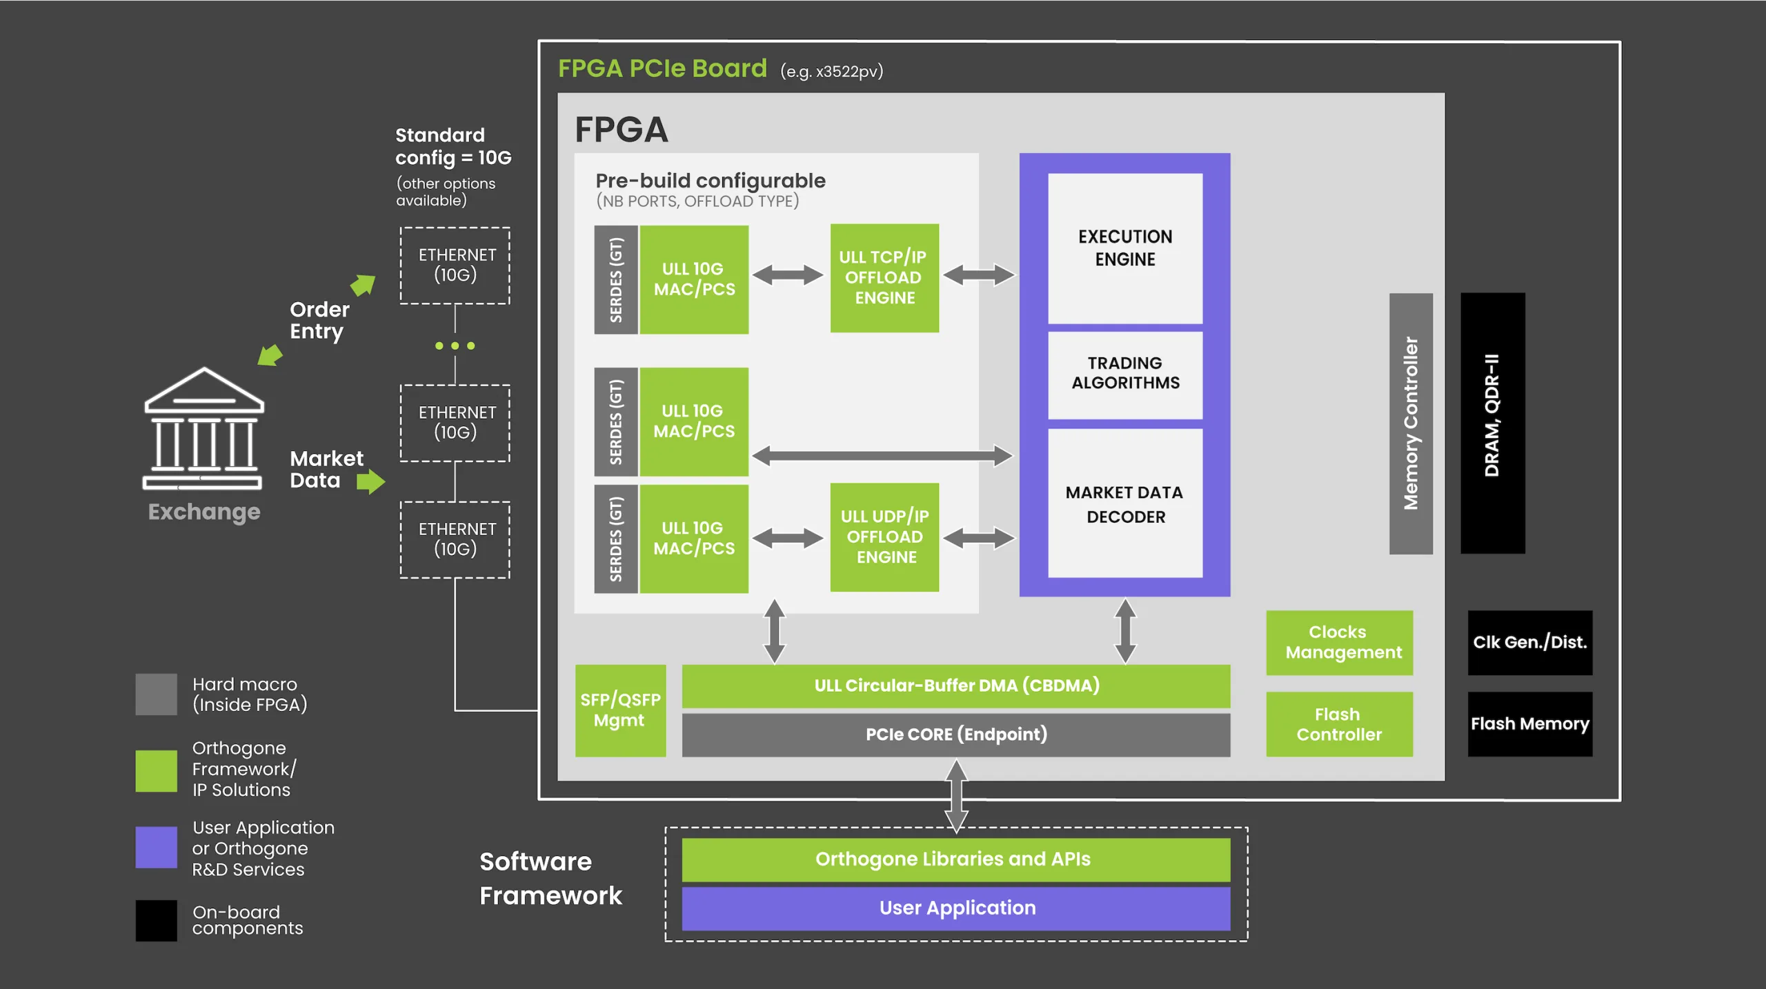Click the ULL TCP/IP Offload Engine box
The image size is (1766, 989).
[x=884, y=278]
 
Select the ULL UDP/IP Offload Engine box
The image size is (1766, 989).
[x=884, y=537]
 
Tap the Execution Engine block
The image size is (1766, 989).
[x=1125, y=248]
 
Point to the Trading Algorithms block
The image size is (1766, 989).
[x=1125, y=375]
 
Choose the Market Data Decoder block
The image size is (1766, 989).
[x=1125, y=503]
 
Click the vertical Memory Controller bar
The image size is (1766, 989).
[x=1411, y=423]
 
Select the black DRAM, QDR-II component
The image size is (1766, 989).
[x=1493, y=423]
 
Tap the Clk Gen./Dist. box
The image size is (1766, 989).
[x=1530, y=643]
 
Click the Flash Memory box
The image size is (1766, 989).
[x=1530, y=724]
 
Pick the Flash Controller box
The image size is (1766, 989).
[x=1339, y=724]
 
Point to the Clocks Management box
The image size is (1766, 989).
[x=1339, y=643]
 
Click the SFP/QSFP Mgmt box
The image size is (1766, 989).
[x=620, y=710]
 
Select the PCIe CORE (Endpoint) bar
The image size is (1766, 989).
[x=956, y=735]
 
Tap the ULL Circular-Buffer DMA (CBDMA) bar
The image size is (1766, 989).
[x=956, y=686]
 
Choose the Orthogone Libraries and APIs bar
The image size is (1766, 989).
[x=956, y=860]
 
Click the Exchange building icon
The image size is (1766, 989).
[x=204, y=428]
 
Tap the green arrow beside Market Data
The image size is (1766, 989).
[x=371, y=481]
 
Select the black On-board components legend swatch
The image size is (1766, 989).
[x=157, y=921]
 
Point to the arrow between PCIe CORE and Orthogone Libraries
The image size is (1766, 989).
[x=956, y=796]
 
